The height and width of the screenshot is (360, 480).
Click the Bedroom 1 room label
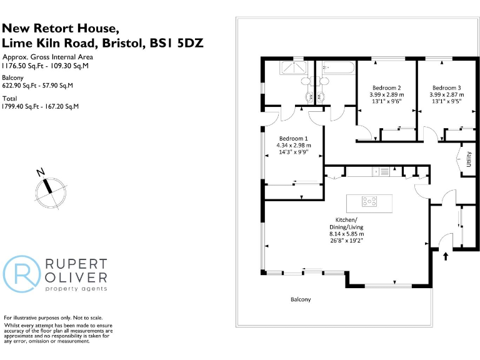pos(294,138)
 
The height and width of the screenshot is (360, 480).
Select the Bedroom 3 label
pos(446,87)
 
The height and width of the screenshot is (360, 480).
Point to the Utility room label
pos(468,159)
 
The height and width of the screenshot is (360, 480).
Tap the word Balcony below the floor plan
pos(300,299)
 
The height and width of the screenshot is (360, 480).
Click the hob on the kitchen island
pos(370,201)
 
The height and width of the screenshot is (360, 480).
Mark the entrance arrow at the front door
pos(446,255)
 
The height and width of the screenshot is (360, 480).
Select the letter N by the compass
pos(40,172)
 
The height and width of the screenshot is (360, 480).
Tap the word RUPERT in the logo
pos(76,265)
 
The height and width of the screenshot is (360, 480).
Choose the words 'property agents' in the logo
pos(76,288)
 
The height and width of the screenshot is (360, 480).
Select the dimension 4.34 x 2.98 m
pos(294,145)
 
